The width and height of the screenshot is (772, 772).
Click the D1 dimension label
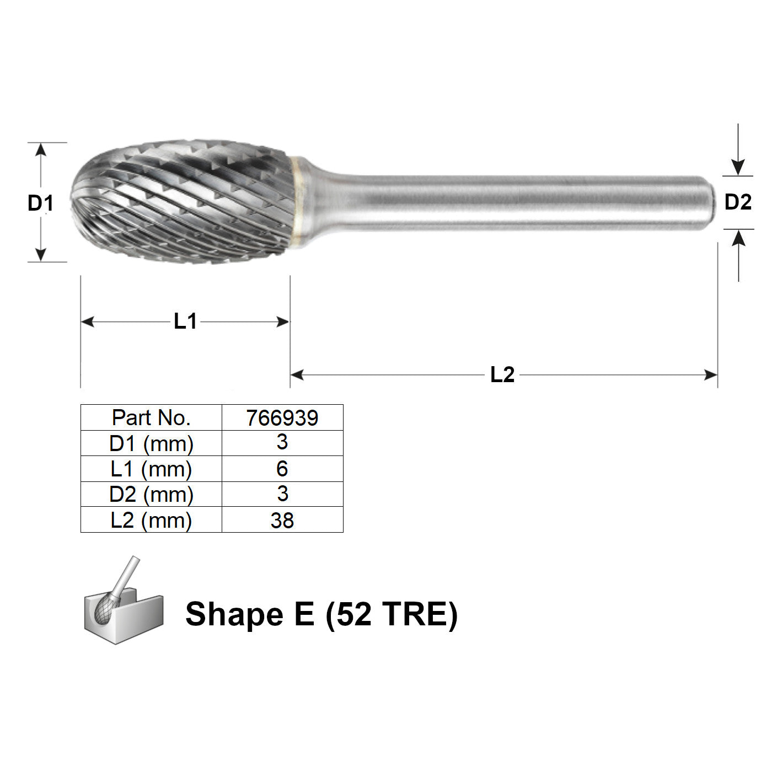tap(40, 203)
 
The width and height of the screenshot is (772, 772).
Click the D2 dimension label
tap(738, 202)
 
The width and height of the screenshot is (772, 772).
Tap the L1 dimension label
tap(185, 321)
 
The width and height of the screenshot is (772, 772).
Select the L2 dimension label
tap(502, 375)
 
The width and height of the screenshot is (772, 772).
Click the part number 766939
tap(282, 418)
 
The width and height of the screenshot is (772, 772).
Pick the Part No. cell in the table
tap(151, 418)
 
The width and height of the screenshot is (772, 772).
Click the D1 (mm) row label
tap(151, 444)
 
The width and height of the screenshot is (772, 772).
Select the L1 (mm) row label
tap(151, 469)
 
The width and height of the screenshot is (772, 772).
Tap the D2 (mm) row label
tap(151, 495)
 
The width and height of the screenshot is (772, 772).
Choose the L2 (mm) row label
tap(151, 521)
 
